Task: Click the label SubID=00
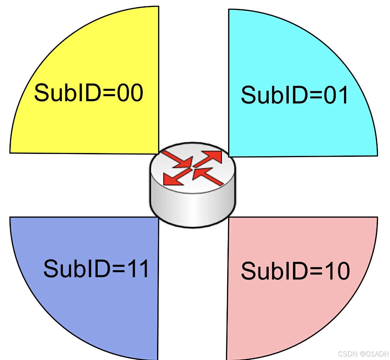click(89, 93)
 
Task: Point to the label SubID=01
click(295, 95)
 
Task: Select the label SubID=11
click(96, 269)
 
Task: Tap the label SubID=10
click(295, 271)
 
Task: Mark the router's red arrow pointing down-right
click(178, 159)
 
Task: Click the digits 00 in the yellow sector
click(130, 93)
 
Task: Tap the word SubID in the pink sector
click(273, 271)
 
